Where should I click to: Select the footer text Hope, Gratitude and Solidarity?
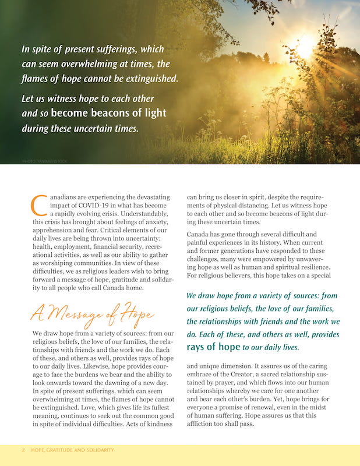click(x=73, y=450)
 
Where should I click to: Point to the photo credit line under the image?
click(x=44, y=160)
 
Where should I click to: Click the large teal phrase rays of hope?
click(x=213, y=347)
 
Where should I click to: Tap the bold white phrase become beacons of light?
click(x=108, y=113)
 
